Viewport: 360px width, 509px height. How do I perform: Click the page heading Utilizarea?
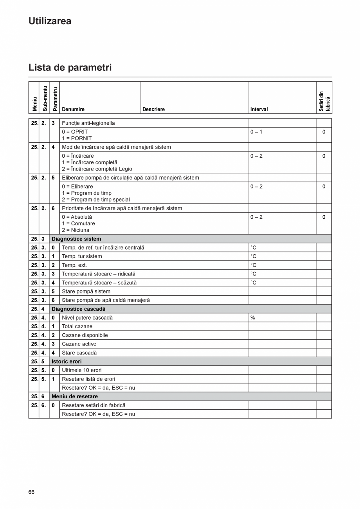50,21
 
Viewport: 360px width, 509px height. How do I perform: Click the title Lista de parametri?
70,68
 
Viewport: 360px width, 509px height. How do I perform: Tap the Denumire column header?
73,110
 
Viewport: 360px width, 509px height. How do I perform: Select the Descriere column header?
153,110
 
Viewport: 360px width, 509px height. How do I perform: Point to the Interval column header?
259,110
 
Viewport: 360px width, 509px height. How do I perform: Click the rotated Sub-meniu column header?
45,98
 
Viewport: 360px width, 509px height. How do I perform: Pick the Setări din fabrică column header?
324,101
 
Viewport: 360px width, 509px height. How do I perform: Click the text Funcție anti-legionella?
88,123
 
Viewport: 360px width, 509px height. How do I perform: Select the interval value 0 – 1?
256,132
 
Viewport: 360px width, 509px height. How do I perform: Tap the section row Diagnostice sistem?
76,239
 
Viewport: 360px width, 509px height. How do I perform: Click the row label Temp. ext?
74,265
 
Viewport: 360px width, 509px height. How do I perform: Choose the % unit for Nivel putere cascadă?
253,318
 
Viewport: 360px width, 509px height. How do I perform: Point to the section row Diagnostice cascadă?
78,309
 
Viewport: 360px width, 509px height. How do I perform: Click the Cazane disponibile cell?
85,335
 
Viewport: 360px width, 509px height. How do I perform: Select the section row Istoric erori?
67,362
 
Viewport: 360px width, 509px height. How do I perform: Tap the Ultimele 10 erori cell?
82,370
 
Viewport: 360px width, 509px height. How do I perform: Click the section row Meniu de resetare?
75,396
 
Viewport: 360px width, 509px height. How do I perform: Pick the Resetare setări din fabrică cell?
94,405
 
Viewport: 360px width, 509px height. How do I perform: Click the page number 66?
31,492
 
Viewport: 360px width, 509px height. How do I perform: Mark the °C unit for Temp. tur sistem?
253,256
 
